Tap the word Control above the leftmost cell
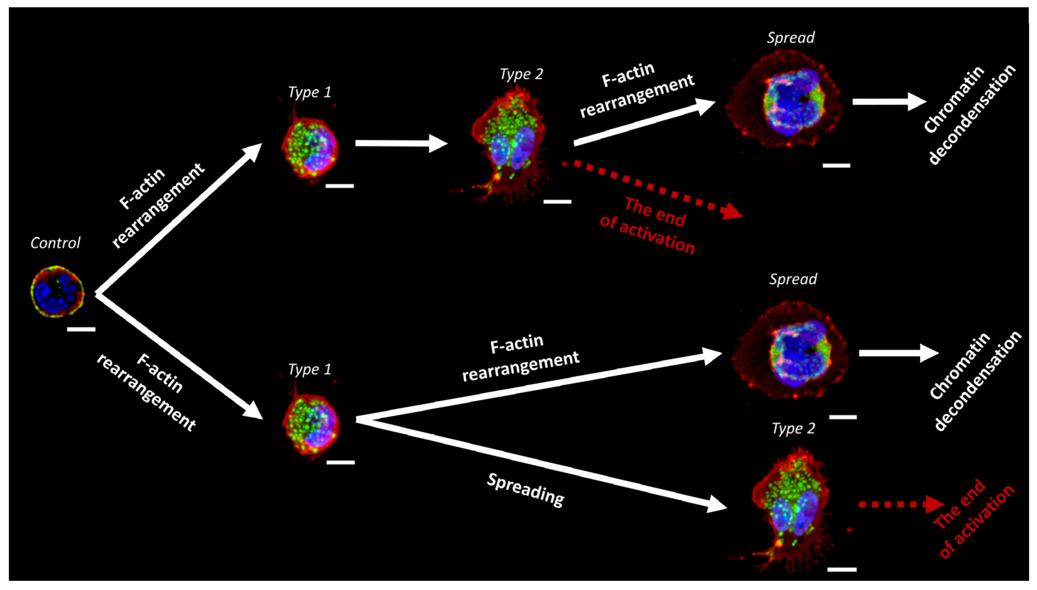click(55, 243)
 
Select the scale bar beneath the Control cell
click(81, 329)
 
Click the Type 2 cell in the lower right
click(788, 507)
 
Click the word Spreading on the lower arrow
click(525, 490)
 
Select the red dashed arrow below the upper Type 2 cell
click(653, 189)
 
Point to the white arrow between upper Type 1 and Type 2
click(401, 144)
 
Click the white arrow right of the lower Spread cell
click(898, 353)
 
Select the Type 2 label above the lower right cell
click(793, 428)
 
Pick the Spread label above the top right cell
click(790, 38)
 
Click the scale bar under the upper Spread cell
click(836, 165)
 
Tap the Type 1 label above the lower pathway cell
click(310, 369)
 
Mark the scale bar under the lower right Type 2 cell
click(842, 569)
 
